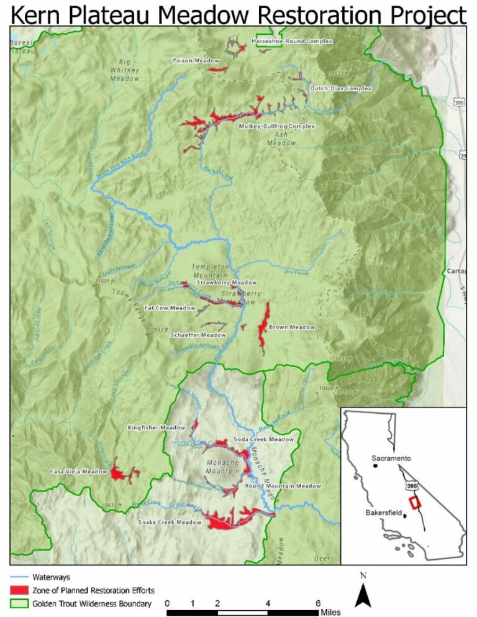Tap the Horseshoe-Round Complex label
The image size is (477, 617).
(292, 42)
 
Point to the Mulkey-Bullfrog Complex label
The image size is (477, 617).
(277, 126)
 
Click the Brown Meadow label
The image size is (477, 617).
(292, 327)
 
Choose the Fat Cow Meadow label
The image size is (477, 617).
(170, 308)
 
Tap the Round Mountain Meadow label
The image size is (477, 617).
(283, 486)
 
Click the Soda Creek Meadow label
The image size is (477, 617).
(263, 439)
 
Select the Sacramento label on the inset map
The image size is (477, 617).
(393, 458)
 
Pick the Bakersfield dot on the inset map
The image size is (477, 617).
(404, 515)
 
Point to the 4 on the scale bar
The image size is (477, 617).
(268, 603)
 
